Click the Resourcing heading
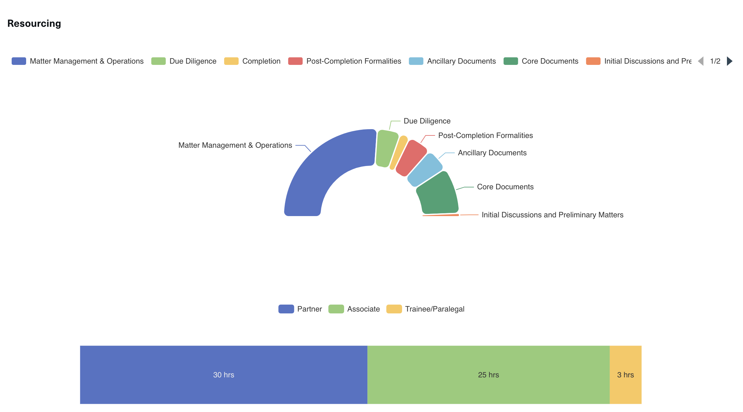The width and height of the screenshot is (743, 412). pos(34,24)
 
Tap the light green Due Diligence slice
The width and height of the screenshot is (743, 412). pos(386,148)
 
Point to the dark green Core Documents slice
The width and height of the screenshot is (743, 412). pos(438,194)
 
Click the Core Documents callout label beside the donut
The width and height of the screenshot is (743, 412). pos(505,187)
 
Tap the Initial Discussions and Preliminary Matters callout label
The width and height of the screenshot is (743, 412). pos(552,215)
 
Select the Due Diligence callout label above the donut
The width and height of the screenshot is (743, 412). pos(427,121)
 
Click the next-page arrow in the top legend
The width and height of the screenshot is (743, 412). pos(729,61)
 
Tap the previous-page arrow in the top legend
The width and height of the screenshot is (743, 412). pos(701,61)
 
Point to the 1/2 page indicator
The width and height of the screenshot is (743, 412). pos(715,61)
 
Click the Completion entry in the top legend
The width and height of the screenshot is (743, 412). pos(261,61)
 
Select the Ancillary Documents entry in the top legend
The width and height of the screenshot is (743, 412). pos(461,61)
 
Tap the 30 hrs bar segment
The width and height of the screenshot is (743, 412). pos(224,375)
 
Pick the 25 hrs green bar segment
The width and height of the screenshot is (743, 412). pos(488,375)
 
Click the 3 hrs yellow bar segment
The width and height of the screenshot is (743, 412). pos(626,375)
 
